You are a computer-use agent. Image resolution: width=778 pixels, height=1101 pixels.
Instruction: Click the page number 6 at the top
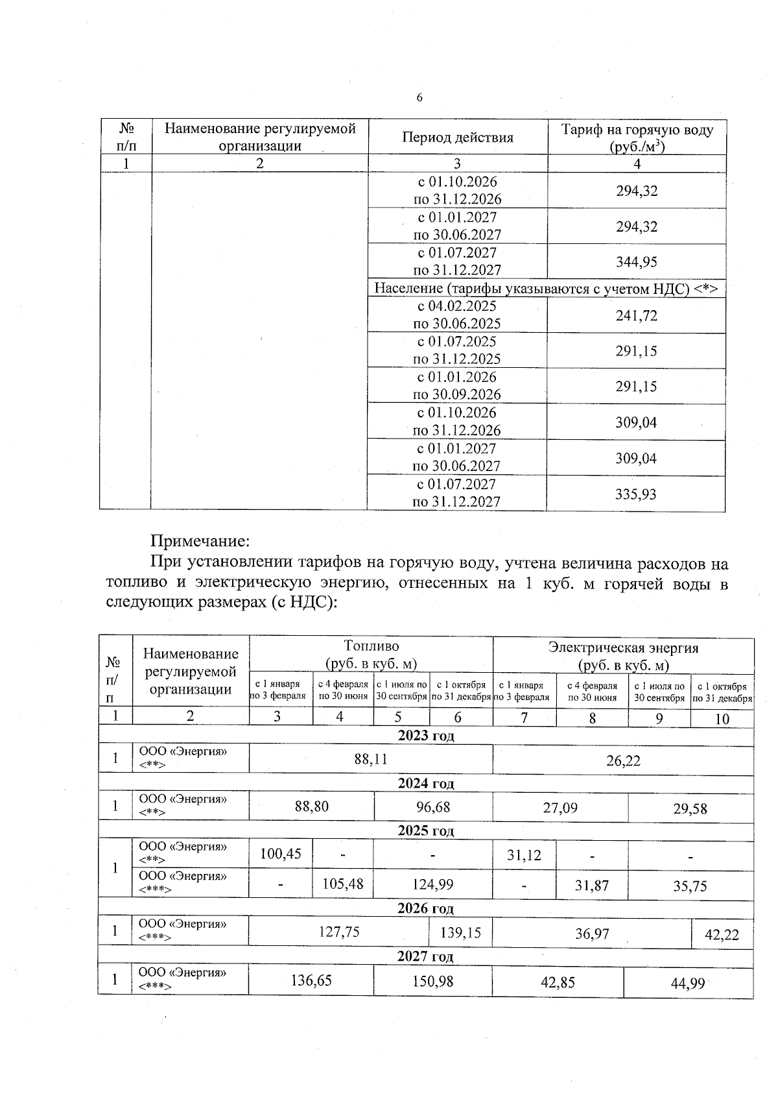[x=419, y=98]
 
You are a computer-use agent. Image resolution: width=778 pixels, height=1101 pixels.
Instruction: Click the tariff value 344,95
[x=636, y=262]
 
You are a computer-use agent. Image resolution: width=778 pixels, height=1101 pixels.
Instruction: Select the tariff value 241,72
[x=636, y=316]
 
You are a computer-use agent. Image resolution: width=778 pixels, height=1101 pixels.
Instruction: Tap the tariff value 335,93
[x=635, y=494]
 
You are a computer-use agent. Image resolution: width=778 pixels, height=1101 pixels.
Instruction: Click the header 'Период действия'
[x=458, y=138]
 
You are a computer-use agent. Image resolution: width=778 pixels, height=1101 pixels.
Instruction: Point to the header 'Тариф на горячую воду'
[x=637, y=130]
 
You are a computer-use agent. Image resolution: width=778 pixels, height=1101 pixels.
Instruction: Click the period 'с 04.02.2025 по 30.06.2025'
[x=457, y=315]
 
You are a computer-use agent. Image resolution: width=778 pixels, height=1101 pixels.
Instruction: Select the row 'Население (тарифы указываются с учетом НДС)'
[x=547, y=289]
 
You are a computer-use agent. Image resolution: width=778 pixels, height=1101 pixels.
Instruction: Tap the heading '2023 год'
[x=426, y=735]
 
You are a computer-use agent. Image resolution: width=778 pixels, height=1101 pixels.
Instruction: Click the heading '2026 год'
[x=425, y=908]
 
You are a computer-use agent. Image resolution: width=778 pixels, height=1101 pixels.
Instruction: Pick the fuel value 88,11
[x=371, y=759]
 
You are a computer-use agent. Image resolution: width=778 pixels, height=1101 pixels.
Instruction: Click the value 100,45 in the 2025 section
[x=281, y=854]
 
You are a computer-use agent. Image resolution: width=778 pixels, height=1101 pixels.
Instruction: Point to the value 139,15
[x=460, y=932]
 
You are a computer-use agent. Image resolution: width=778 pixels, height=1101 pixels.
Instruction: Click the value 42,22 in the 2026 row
[x=722, y=935]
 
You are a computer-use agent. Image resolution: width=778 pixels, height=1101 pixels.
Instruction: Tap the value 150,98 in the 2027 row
[x=432, y=981]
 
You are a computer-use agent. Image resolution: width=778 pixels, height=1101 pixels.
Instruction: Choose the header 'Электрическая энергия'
[x=623, y=647]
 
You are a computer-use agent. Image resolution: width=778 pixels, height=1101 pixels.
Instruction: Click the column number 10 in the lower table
[x=722, y=718]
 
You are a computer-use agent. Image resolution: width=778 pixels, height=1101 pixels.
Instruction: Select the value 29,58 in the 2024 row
[x=690, y=808]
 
